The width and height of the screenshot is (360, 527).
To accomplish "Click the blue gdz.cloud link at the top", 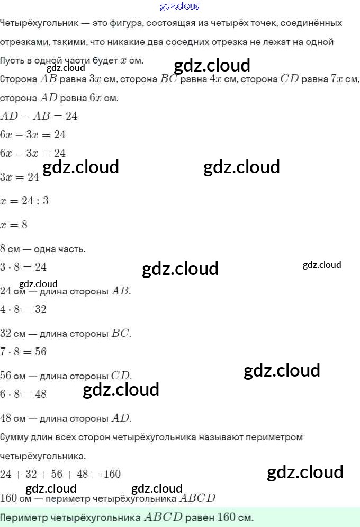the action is click(180, 6).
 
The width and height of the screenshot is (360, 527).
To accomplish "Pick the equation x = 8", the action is click(14, 225).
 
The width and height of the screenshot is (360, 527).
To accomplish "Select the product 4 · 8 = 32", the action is click(23, 309).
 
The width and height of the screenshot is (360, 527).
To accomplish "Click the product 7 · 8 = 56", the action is click(23, 352).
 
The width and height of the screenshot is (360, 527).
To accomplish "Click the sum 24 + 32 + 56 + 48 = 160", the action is click(60, 474).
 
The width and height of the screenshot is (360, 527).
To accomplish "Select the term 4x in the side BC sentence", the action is click(215, 79).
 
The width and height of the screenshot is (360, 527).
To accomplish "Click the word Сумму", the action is click(15, 437).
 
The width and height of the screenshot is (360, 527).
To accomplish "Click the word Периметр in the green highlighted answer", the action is click(24, 517).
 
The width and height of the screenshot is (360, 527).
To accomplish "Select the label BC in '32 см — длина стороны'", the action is click(121, 334).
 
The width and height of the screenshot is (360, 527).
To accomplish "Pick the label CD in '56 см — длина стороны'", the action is click(121, 376).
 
